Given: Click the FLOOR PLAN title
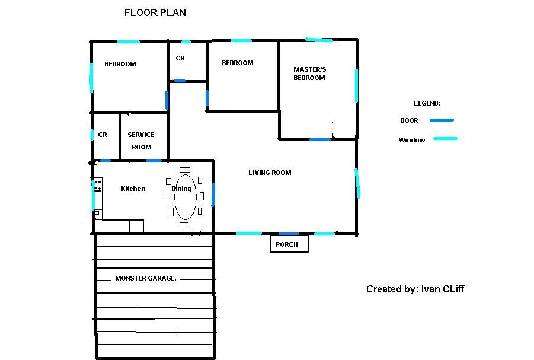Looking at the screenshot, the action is tap(155, 12).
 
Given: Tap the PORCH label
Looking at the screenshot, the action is tap(287, 244).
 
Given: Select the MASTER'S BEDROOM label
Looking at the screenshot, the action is tap(309, 74).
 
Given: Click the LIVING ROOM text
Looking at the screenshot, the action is tap(270, 173).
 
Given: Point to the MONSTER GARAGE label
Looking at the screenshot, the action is tap(146, 278).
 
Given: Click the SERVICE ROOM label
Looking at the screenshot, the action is tap(141, 141).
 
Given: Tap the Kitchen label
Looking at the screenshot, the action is tap(133, 189).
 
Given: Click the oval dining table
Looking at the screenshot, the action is tap(186, 197).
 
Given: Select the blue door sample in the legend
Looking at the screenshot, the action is tap(442, 120).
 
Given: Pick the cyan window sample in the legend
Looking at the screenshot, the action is tap(446, 139).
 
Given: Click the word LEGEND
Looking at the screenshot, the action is tap(427, 103).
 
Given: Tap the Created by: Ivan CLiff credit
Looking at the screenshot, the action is tap(415, 289).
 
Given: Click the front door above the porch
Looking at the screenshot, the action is tap(289, 234).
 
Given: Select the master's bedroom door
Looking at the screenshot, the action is tap(320, 139).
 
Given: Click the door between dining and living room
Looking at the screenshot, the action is tap(213, 195).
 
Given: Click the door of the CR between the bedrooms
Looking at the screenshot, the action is tap(180, 81).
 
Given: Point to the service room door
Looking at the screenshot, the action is tap(154, 160).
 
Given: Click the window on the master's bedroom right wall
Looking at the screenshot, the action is tap(356, 85).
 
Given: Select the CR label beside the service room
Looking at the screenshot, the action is tap(103, 135).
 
